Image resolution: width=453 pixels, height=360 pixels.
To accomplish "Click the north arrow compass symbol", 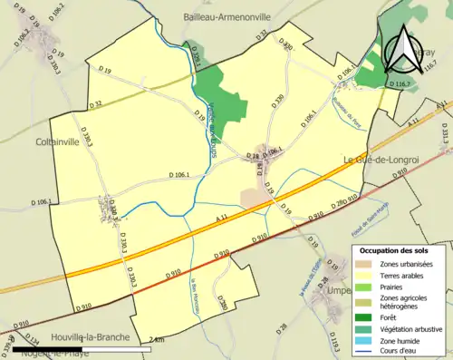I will point(401,49).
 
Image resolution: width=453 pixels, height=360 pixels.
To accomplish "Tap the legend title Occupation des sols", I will point(397,250).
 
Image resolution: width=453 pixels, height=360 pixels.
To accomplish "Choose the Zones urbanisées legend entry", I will point(407,264).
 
